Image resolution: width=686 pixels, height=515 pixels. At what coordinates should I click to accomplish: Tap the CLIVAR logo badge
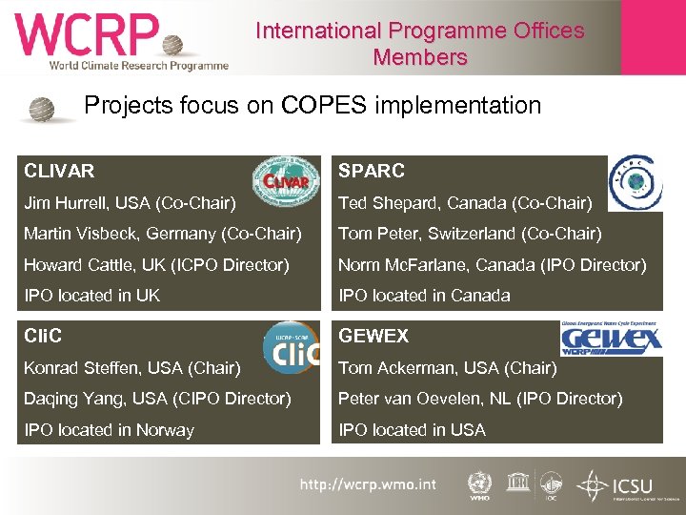[x=280, y=180]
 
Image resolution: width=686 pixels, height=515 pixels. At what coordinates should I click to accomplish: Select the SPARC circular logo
[x=635, y=182]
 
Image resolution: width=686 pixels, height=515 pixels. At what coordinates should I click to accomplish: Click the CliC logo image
[x=290, y=348]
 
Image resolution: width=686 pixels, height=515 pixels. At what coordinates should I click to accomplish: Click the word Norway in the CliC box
[x=166, y=430]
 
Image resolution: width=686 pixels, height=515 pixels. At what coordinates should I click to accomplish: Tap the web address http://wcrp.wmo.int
[x=368, y=484]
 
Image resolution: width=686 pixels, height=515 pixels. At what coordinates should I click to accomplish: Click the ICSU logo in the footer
[x=623, y=485]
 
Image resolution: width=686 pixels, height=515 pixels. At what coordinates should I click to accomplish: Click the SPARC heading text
[x=372, y=171]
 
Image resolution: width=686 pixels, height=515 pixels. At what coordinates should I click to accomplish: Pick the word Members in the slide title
[x=420, y=57]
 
